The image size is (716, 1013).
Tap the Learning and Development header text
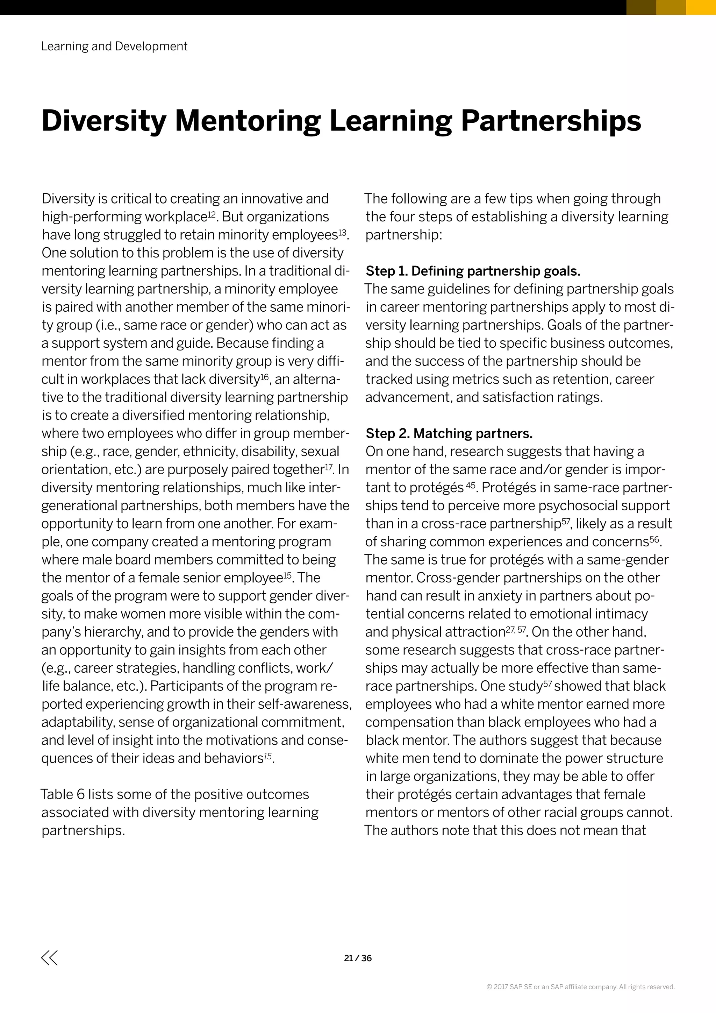114,46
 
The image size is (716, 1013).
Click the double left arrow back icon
49,958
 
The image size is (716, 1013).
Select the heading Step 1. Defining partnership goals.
473,271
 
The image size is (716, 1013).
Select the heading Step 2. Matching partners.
449,433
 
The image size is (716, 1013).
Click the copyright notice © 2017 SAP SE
580,987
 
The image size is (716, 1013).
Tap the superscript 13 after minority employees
342,232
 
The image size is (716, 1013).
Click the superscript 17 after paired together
329,467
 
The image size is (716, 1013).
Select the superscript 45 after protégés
471,485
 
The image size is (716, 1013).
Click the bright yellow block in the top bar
701,7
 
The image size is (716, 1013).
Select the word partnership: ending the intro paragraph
403,235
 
